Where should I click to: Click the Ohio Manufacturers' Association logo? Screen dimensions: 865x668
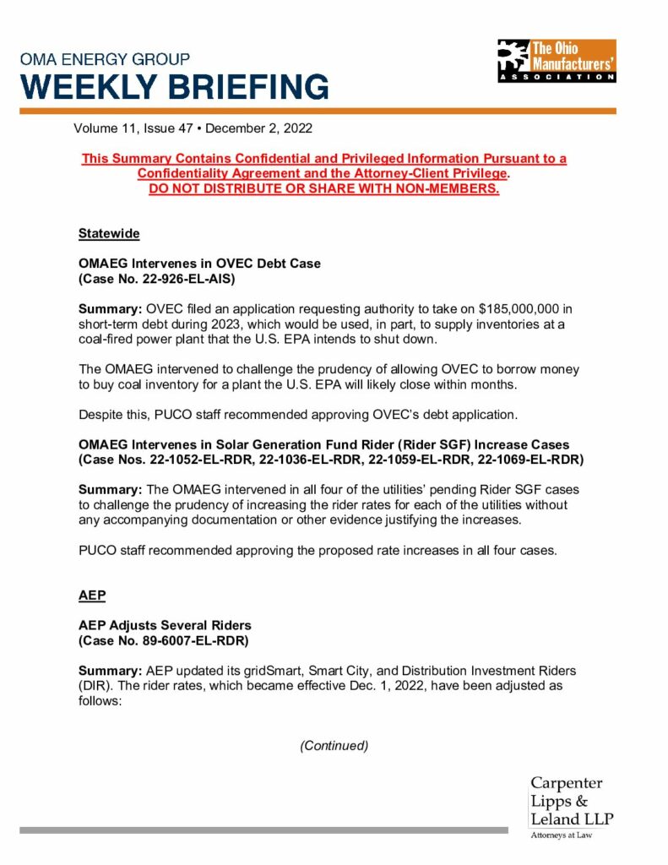point(557,61)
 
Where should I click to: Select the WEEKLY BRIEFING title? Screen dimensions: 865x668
point(175,87)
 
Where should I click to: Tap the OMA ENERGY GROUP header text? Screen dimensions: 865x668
point(105,60)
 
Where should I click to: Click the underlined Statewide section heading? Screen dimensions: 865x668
point(109,233)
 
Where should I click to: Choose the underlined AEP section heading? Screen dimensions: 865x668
point(92,595)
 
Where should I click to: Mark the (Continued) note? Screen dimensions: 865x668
point(334,746)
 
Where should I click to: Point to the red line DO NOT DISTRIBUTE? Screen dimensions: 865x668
point(323,188)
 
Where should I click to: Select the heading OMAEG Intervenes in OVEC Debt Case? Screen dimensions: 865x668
point(199,264)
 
